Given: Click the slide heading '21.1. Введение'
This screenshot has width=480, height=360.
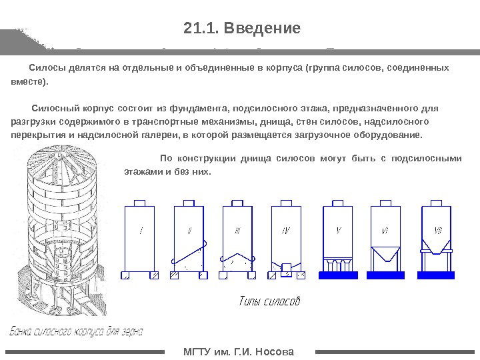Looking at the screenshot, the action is [242, 29].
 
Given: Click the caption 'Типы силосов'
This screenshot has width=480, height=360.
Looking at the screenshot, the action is [269, 301].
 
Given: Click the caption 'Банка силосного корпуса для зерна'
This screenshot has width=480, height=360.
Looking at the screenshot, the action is [76, 331].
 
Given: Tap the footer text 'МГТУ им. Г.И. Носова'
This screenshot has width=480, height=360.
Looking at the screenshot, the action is [239, 351].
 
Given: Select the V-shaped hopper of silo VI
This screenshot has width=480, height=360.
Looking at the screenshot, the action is [385, 256].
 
